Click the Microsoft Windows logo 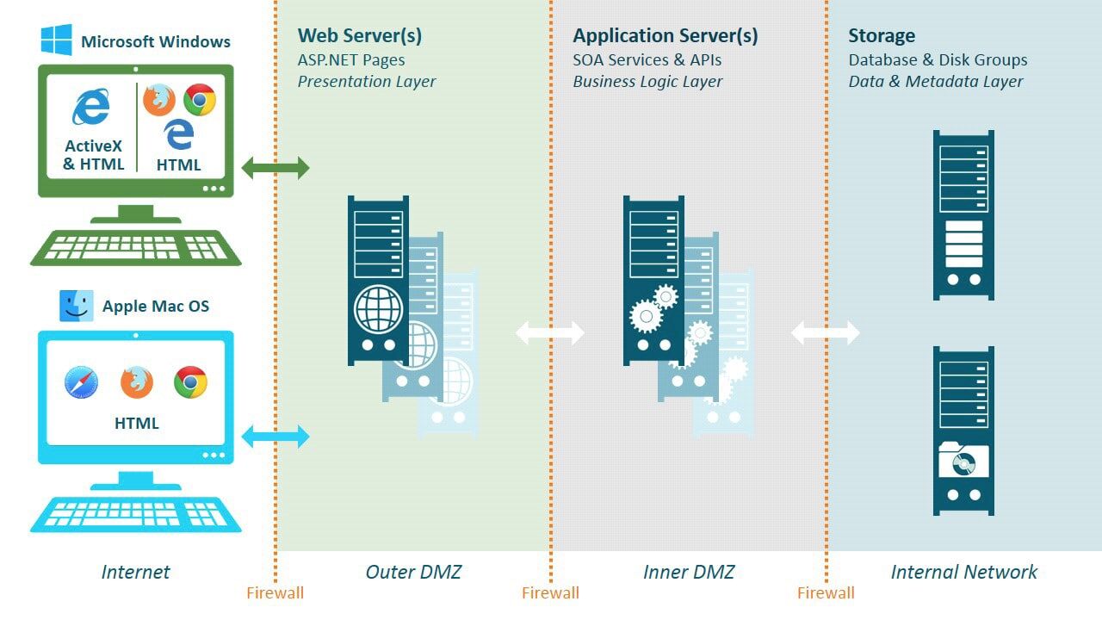point(56,40)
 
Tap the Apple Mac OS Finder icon point(76,306)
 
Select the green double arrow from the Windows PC point(275,168)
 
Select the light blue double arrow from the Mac point(275,437)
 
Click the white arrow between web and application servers point(550,332)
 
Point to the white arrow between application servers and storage point(826,332)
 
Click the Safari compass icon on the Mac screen point(82,382)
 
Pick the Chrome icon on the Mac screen point(190,382)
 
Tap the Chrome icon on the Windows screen point(200,100)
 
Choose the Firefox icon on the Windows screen point(159,100)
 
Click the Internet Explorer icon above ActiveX point(91,108)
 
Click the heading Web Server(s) point(360,36)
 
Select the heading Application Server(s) point(666,36)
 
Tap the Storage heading point(882,36)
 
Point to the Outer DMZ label point(413,572)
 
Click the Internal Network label point(964,572)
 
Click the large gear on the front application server point(646,316)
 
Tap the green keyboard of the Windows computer point(136,247)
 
